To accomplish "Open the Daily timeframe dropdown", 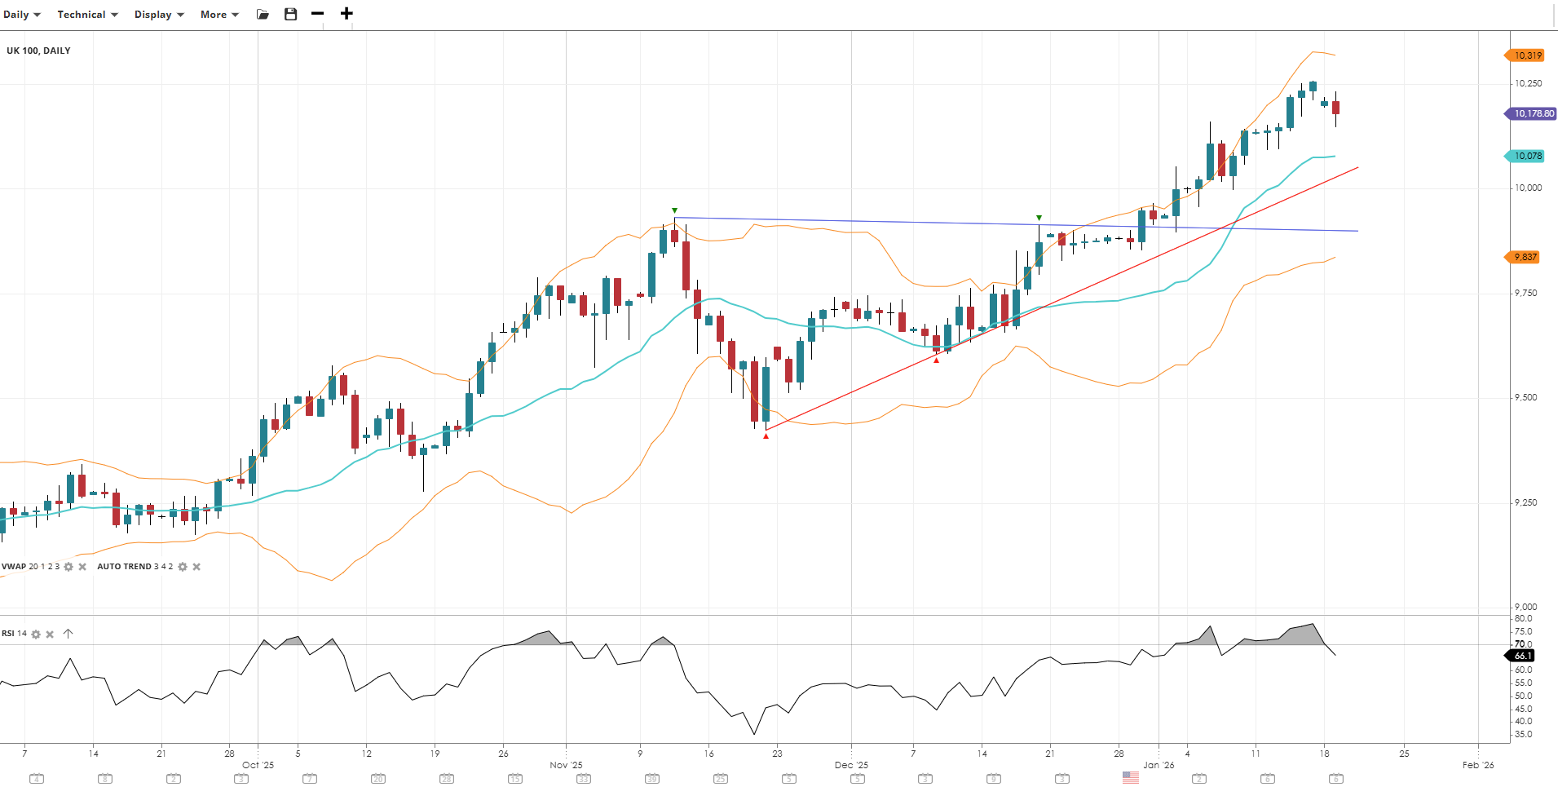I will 22,15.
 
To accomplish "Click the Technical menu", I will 87,15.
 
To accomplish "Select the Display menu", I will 159,15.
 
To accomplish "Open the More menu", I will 219,15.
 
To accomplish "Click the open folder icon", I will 263,15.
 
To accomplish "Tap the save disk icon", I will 290,15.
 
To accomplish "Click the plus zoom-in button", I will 346,14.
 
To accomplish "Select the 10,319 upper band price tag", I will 1527,55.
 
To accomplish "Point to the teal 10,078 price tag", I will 1527,156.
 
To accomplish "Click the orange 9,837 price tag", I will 1525,257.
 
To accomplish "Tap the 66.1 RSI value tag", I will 1522,656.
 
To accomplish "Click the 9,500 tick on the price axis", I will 1525,398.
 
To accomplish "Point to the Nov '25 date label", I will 566,765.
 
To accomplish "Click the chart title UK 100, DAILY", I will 38,51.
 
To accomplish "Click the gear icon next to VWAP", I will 68,567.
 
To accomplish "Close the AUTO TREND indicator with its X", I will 196,567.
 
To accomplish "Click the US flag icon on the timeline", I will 1130,778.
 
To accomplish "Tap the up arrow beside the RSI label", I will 68,634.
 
